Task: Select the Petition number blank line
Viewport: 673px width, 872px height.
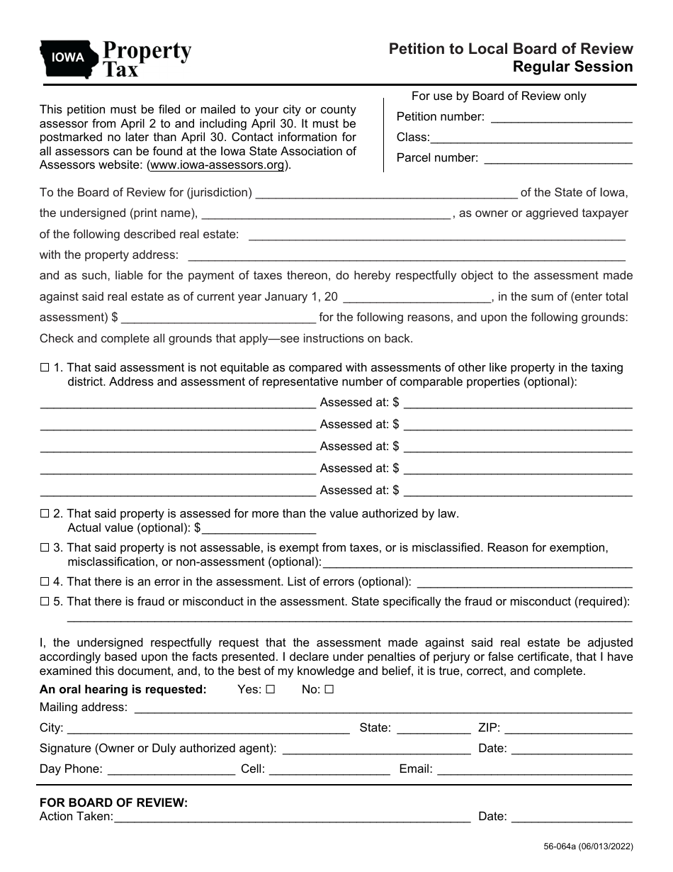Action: click(x=561, y=118)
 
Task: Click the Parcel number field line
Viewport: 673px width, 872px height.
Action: click(x=557, y=159)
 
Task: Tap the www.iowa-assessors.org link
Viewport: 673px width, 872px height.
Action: click(x=217, y=165)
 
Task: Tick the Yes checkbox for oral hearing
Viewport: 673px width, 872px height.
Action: click(x=269, y=689)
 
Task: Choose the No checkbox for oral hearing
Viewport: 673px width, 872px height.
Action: click(x=329, y=689)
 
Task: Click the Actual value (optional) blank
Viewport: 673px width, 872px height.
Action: click(x=259, y=529)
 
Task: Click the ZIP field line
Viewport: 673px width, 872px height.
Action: click(x=569, y=728)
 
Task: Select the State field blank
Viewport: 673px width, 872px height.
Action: click(x=434, y=728)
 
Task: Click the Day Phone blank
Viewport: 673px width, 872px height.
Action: click(x=171, y=769)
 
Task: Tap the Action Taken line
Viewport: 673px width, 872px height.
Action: click(x=292, y=817)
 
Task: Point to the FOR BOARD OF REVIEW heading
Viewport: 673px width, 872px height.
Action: click(x=114, y=803)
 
